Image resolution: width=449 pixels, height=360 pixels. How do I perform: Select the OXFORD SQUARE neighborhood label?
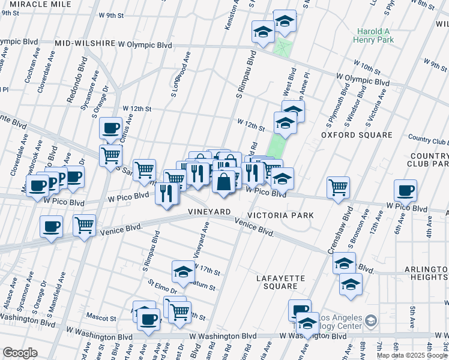[x=357, y=135]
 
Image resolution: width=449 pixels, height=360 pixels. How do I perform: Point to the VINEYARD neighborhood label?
[x=209, y=212]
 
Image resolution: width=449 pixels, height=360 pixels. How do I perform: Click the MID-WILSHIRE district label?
[x=85, y=44]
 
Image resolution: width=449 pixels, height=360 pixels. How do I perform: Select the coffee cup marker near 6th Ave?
[x=405, y=190]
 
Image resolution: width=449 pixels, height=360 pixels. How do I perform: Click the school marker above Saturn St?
[x=184, y=271]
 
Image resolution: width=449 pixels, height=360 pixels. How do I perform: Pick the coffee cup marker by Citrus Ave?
[x=110, y=127]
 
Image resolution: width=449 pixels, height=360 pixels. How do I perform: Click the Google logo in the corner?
[x=20, y=353]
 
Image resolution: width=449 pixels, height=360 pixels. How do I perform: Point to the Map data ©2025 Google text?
[x=412, y=355]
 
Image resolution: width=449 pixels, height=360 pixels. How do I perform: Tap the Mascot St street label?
[x=101, y=317]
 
